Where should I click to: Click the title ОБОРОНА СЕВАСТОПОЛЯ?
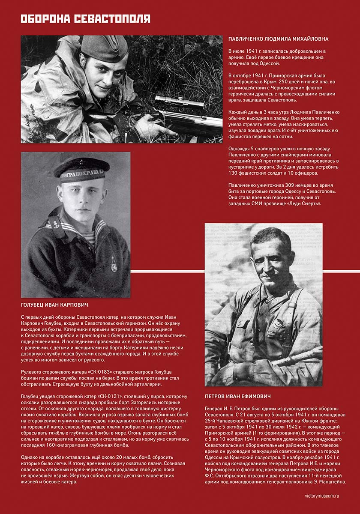[85, 19]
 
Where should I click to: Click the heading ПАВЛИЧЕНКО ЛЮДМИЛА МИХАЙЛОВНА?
[279, 39]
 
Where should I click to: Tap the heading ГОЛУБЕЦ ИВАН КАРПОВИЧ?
[54, 305]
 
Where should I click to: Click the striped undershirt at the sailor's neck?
[86, 236]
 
